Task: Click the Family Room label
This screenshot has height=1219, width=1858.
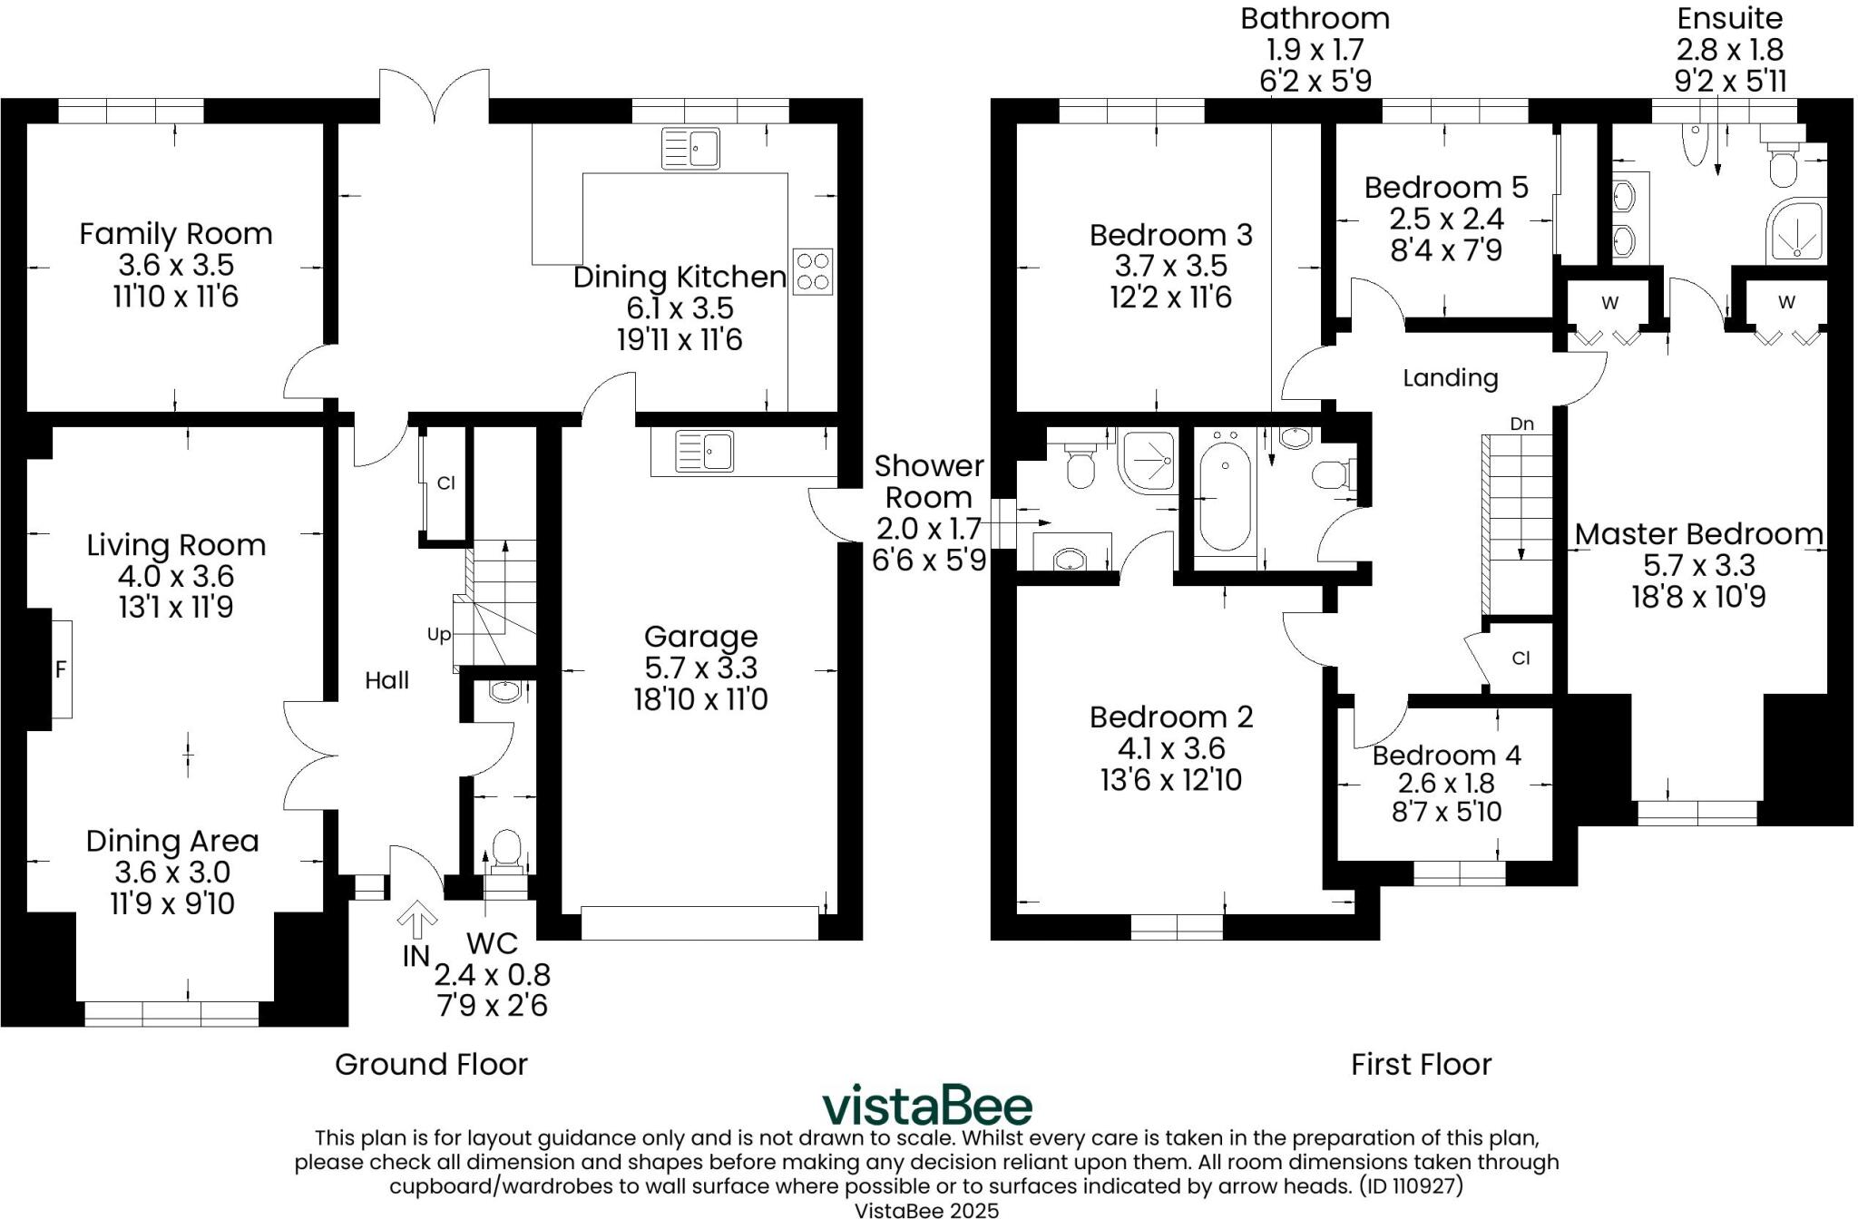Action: (x=175, y=234)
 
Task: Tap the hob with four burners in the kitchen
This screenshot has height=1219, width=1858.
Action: (x=812, y=271)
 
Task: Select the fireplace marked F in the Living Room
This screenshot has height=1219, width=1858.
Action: (x=61, y=669)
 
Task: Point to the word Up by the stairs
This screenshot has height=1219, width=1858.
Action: (x=439, y=635)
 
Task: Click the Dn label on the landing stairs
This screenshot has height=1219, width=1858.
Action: (x=1521, y=424)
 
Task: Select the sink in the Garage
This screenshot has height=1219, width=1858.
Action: (x=705, y=451)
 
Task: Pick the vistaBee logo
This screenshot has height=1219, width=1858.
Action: (x=926, y=1106)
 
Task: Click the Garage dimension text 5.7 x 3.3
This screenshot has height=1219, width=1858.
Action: (x=700, y=668)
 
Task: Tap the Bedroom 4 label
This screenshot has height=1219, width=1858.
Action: (x=1446, y=755)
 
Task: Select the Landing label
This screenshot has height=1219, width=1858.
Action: (x=1450, y=377)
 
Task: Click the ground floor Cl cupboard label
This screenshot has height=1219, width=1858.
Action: (x=445, y=483)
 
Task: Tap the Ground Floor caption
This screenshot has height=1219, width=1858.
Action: (x=431, y=1064)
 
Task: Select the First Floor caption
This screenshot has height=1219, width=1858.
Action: (x=1421, y=1064)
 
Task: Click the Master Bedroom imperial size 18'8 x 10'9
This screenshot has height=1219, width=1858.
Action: (x=1698, y=597)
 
